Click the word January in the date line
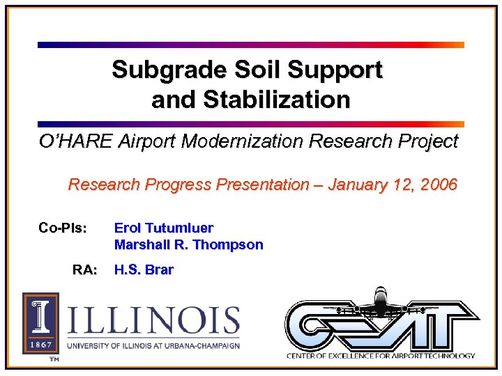[353, 185]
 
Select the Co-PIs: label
[63, 228]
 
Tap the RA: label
[85, 270]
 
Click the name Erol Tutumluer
[163, 228]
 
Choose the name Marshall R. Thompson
[188, 245]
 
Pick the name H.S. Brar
[144, 270]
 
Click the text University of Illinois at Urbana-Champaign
[153, 345]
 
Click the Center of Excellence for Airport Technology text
[381, 355]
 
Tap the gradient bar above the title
[251, 45]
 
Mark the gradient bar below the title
[251, 123]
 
